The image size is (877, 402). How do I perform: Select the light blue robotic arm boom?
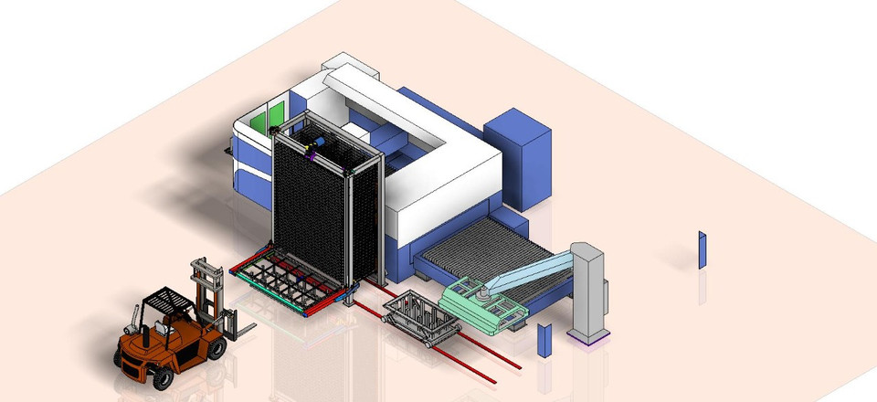[x=530, y=271]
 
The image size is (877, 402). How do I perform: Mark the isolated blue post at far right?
[x=702, y=249]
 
